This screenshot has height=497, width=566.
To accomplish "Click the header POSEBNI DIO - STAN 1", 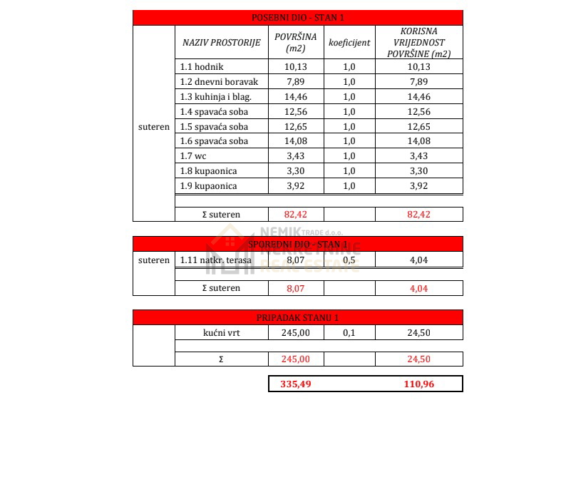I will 297,18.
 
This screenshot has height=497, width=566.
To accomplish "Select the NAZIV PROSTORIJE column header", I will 221,43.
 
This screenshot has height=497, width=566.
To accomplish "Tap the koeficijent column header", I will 349,43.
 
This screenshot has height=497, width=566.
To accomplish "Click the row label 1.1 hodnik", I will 202,67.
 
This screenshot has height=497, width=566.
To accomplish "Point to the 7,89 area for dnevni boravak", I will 295,82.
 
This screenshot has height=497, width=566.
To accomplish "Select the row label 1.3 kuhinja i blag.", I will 216,97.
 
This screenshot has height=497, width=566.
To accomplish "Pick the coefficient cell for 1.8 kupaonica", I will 349,171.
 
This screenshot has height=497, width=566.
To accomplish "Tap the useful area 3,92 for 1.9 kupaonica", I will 419,186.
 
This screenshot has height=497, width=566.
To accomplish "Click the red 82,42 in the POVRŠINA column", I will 295,214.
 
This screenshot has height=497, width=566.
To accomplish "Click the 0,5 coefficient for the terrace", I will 349,260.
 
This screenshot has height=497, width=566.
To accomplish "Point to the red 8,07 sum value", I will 295,288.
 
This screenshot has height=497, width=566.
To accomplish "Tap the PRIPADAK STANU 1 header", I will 297,317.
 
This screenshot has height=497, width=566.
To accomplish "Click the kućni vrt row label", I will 221,332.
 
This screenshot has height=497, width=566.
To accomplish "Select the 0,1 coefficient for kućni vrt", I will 349,332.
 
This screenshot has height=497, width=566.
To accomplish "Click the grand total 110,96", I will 419,384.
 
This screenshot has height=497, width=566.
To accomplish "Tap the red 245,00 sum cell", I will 295,359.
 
